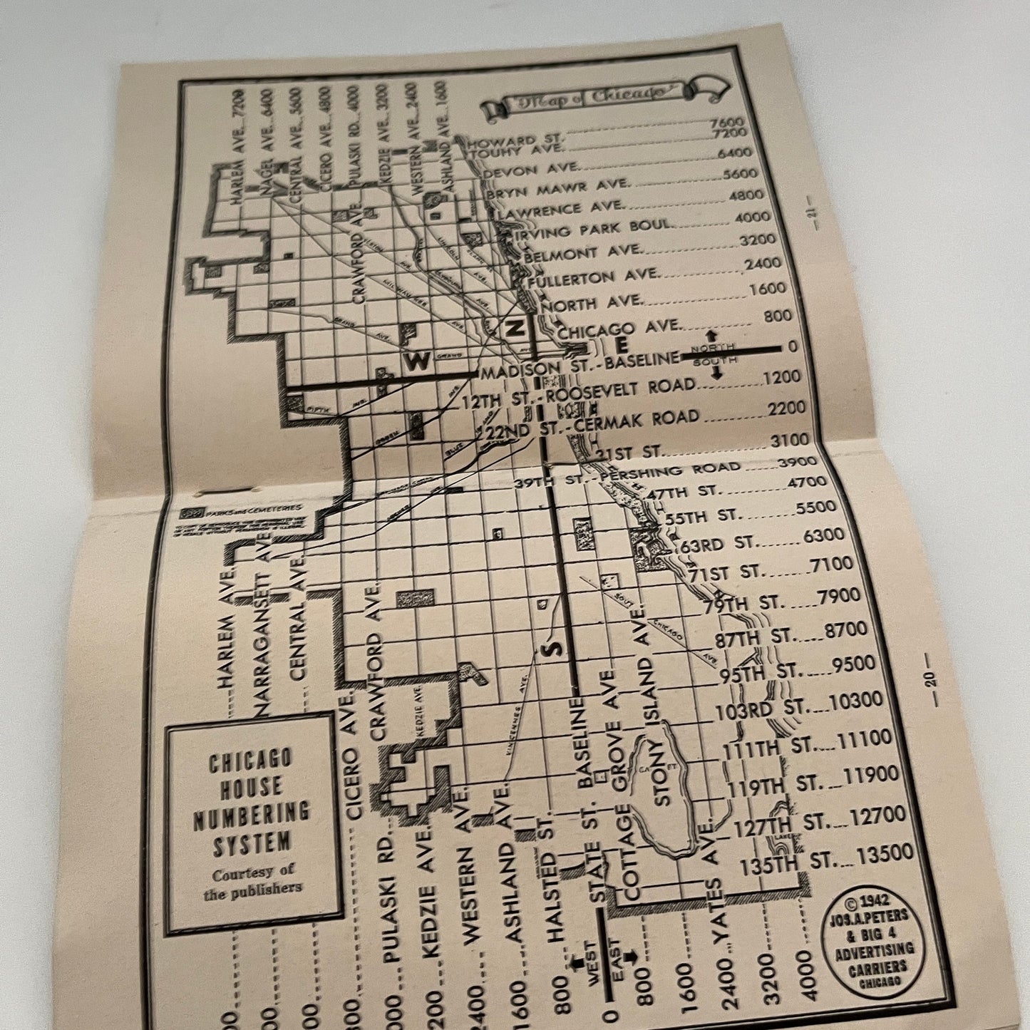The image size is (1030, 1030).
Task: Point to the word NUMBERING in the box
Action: click(251, 815)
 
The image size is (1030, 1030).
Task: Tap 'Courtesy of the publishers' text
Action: click(252, 880)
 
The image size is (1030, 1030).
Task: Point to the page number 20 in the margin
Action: click(931, 681)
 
